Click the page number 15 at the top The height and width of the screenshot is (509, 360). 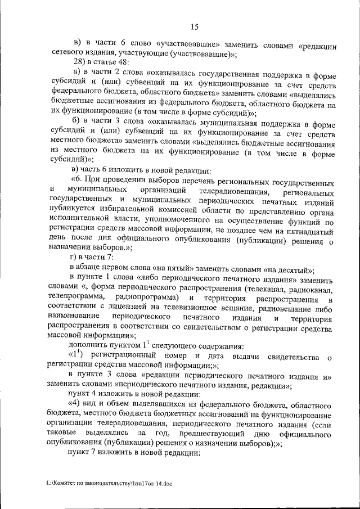(195, 27)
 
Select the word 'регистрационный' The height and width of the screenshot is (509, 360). (121, 357)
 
